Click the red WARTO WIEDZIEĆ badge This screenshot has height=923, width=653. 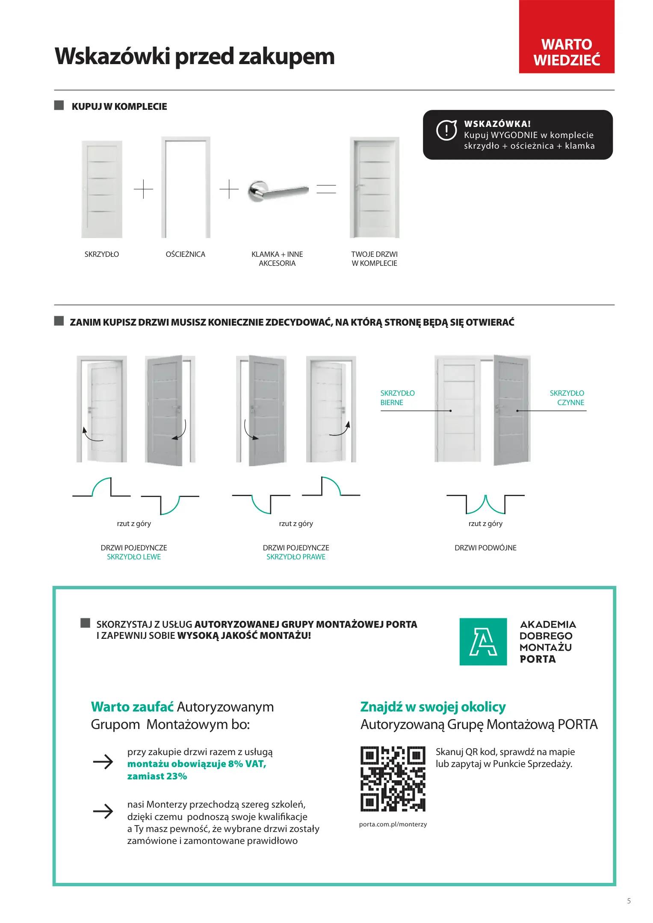click(566, 37)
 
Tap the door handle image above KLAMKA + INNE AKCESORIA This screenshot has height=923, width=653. click(278, 191)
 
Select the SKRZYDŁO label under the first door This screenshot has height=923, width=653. click(102, 254)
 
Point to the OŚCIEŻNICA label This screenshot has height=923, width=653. click(185, 254)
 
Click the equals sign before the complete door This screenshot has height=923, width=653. click(326, 189)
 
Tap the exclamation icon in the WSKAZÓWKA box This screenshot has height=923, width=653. click(446, 130)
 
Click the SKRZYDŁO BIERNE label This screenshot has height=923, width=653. click(397, 397)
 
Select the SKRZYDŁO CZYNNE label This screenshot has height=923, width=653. click(567, 397)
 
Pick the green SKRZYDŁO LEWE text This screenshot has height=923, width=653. click(134, 557)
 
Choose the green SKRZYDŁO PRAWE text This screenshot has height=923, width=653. click(296, 557)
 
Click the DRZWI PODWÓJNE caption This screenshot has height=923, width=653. click(485, 548)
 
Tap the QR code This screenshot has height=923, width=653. click(393, 779)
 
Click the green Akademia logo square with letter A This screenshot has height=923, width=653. click(483, 641)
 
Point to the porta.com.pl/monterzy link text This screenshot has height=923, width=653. click(393, 824)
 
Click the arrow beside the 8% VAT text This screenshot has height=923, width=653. click(103, 761)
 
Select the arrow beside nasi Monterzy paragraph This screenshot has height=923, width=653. click(103, 811)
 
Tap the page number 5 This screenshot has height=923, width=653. click(629, 901)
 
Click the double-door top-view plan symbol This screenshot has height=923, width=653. click(485, 504)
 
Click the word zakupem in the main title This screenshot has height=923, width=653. click(287, 56)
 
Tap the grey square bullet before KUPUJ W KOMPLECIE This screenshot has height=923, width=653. click(59, 106)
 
